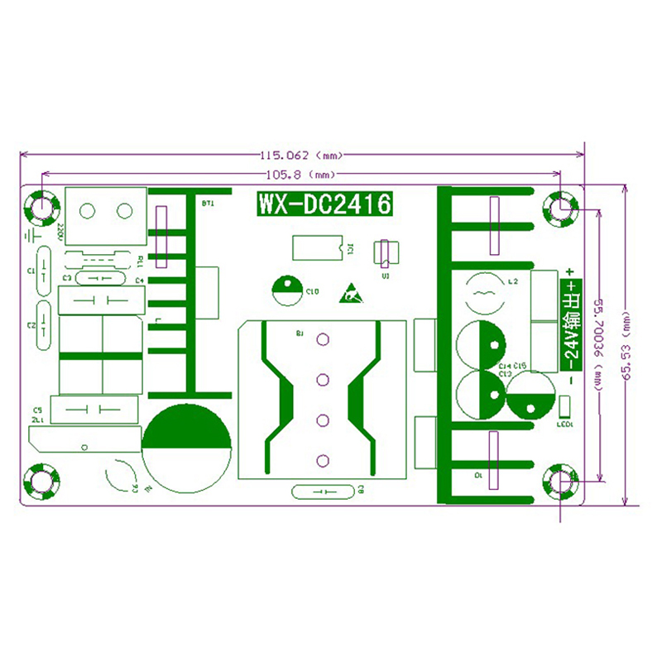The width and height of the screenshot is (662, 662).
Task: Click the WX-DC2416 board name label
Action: coord(323,204)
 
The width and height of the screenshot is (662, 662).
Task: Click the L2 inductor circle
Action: coord(479,292)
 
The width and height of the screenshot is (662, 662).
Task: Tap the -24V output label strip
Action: coord(571,324)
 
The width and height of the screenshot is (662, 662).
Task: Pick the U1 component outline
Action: coord(385,252)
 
